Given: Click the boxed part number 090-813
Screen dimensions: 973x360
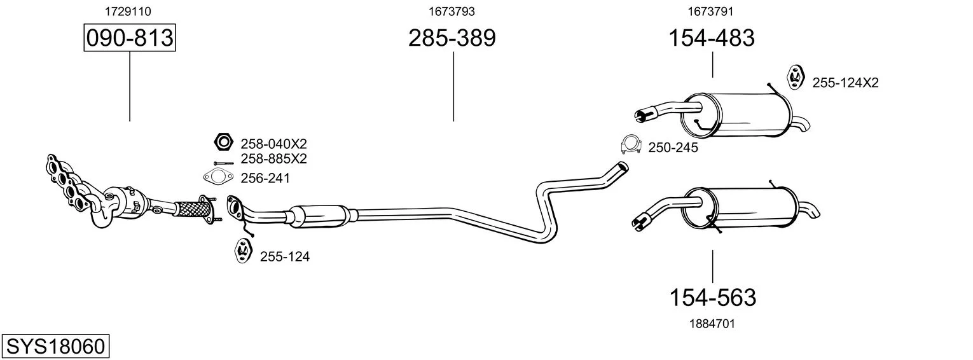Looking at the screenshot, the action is pos(130,38).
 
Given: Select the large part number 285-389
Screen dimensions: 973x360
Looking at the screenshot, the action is pos(452,38).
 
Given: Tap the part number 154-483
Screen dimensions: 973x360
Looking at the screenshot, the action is pos(712,38).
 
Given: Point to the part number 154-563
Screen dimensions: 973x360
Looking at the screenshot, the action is pos(713,298).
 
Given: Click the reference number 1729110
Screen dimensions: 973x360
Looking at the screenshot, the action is pos(128,11).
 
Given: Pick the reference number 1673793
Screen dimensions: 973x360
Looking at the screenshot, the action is pos(452,11).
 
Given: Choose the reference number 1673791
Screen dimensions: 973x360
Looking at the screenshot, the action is pos(710,11).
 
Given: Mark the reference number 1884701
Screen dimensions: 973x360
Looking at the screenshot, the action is pos(712,324).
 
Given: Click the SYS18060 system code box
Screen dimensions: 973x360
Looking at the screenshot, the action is pos(55,346).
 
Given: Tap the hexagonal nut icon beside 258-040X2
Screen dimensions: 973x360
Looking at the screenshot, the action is pos(223,142).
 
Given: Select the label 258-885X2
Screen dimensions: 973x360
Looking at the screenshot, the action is pos(273,159).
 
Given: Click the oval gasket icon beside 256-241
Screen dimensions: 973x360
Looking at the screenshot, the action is pos(219,177).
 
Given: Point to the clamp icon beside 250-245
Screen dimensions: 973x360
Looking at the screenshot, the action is pos(631,145).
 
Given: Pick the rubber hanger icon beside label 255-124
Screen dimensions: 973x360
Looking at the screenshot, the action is pos(243,250).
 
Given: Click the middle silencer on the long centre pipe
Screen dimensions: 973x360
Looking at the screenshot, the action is pos(319,216).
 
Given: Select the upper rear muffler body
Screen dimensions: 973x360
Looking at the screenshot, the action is pos(736,115).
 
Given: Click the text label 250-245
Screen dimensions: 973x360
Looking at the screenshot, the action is pos(673,148).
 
